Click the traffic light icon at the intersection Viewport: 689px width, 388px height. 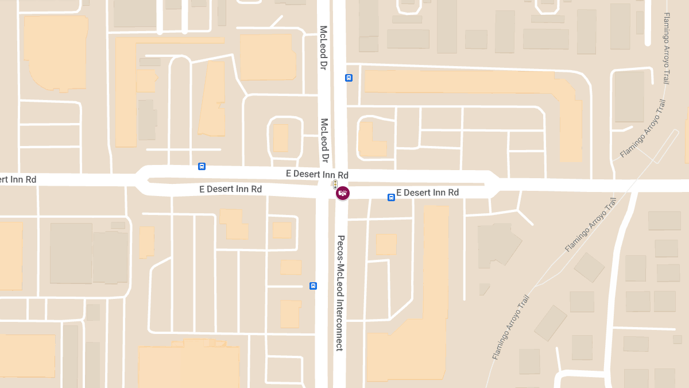[335, 184]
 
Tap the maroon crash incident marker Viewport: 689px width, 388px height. [343, 193]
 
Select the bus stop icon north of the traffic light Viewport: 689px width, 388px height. [349, 78]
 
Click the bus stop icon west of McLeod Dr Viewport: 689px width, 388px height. [202, 166]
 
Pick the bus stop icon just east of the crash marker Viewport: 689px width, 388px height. [391, 197]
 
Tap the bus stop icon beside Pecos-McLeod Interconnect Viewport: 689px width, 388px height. [313, 286]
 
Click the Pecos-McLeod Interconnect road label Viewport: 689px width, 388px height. [340, 293]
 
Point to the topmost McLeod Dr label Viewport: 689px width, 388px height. [324, 48]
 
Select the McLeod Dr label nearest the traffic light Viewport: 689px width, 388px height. [324, 140]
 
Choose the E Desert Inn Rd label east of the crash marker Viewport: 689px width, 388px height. [427, 193]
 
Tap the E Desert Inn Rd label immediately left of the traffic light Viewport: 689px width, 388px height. [317, 174]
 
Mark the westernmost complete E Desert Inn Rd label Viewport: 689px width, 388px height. [230, 189]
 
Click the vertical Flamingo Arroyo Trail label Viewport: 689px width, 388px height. [667, 48]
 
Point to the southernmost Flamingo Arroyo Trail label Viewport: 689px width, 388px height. [510, 327]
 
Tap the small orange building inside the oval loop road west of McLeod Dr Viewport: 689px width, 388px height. [280, 138]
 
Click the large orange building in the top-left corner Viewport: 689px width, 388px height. [55, 53]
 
